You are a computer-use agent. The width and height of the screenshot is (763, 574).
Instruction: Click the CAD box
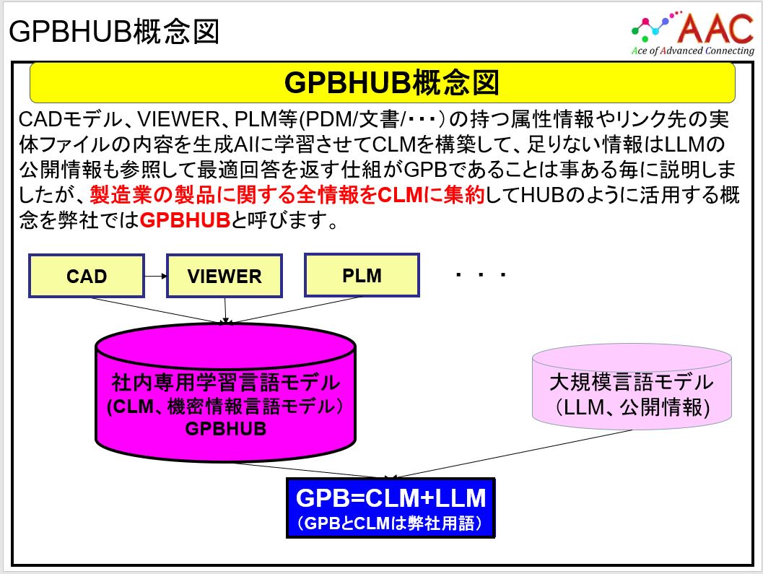click(x=86, y=276)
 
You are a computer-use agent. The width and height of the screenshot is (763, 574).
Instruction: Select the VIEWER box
click(x=224, y=276)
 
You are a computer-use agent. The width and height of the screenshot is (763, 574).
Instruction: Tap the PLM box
click(x=362, y=274)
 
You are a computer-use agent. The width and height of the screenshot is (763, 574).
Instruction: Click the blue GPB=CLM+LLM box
click(x=391, y=507)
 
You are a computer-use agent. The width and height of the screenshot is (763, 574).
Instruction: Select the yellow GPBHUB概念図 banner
click(x=382, y=82)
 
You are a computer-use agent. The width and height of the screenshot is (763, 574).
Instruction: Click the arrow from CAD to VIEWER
click(x=154, y=275)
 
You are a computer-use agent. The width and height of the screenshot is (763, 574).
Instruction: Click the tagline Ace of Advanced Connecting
click(x=692, y=51)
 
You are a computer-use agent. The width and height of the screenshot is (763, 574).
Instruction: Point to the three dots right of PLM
click(x=480, y=276)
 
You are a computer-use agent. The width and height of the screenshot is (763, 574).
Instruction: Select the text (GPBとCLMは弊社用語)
click(x=390, y=523)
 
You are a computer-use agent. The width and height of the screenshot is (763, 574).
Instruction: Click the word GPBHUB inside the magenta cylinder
click(x=225, y=427)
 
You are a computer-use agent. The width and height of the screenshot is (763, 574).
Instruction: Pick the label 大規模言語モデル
click(x=632, y=383)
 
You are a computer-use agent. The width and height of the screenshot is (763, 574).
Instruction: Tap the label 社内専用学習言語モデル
click(x=225, y=383)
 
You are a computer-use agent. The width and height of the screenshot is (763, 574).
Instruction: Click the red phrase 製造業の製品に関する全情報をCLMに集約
click(x=287, y=196)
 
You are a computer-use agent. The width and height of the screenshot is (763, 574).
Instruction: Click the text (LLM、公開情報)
click(x=632, y=406)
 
